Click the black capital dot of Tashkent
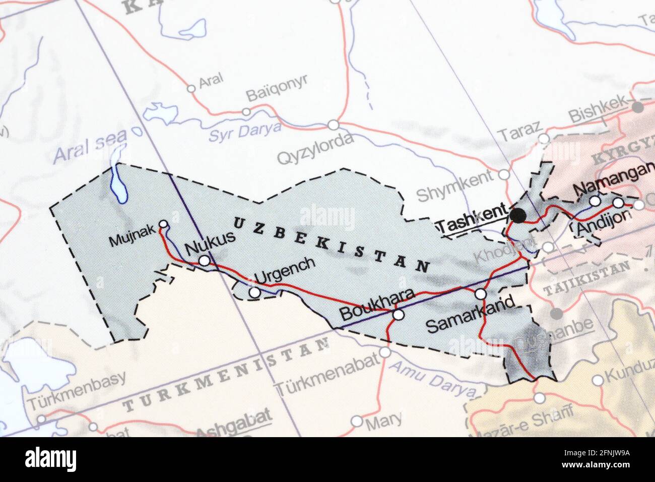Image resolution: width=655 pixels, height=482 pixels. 517,216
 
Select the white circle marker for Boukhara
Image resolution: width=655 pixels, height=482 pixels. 399,315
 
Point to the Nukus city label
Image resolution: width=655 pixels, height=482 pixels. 210,244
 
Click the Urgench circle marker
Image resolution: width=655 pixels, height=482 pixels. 255,292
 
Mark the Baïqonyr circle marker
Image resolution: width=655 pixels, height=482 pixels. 246,112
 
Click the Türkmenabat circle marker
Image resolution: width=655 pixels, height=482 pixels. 385,352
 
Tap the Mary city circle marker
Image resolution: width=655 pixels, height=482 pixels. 357,420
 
